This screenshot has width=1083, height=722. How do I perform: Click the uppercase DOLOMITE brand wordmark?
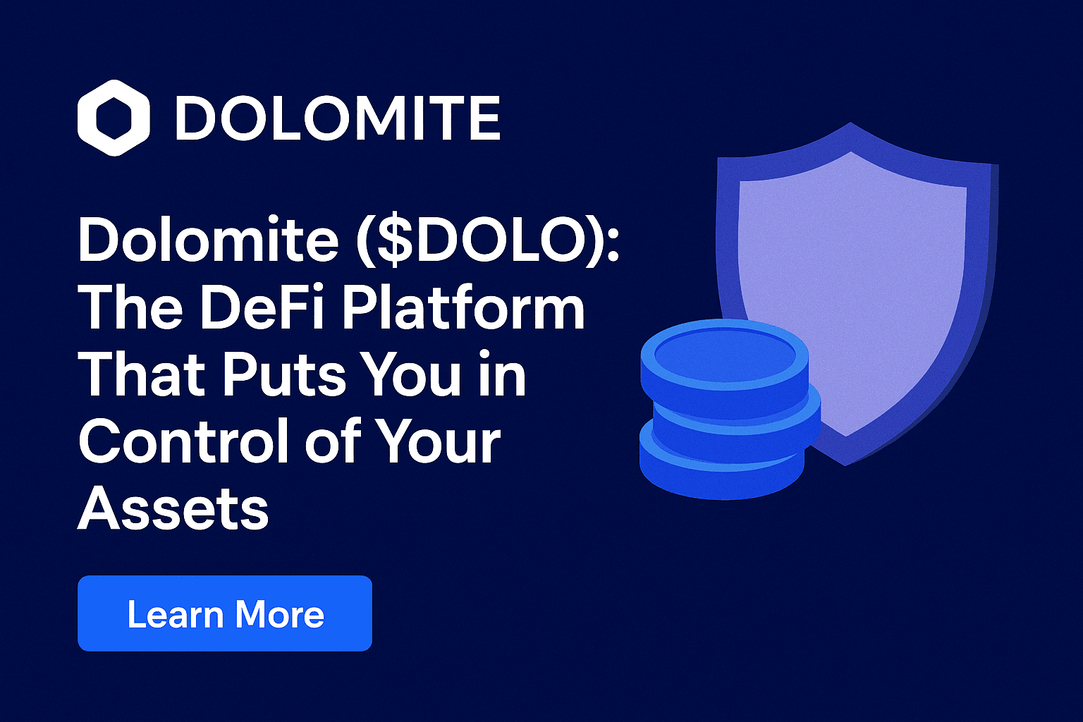click(338, 118)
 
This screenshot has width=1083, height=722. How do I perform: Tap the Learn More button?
click(225, 613)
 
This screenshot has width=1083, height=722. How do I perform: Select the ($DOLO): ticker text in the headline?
click(488, 240)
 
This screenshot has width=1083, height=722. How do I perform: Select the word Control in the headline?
click(186, 441)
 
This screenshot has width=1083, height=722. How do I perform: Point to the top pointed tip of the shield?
click(850, 123)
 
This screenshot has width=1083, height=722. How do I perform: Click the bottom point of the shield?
click(845, 465)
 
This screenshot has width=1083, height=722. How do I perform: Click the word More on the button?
click(281, 615)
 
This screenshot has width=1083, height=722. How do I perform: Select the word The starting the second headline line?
click(130, 307)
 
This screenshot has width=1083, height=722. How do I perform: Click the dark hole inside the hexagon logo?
click(114, 118)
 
